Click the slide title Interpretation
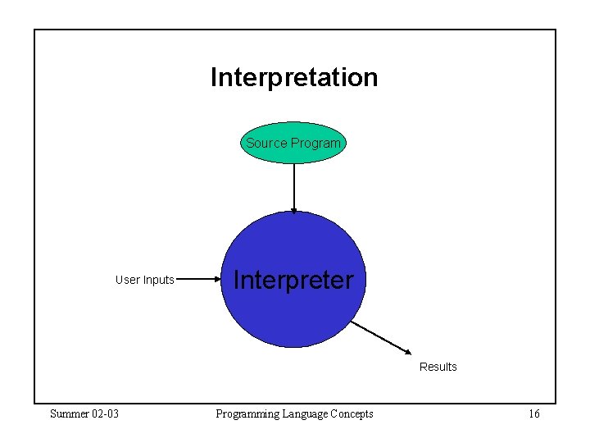(294, 77)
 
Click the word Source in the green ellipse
(266, 143)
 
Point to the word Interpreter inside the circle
(293, 280)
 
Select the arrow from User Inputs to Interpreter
(199, 279)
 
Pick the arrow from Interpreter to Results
(381, 337)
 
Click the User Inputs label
(145, 280)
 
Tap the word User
(128, 280)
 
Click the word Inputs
(159, 280)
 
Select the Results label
(438, 367)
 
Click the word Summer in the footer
(68, 413)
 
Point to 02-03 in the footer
(104, 413)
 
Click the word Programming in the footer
(245, 413)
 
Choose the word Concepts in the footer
(352, 413)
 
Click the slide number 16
(533, 413)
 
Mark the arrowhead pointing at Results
(410, 352)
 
